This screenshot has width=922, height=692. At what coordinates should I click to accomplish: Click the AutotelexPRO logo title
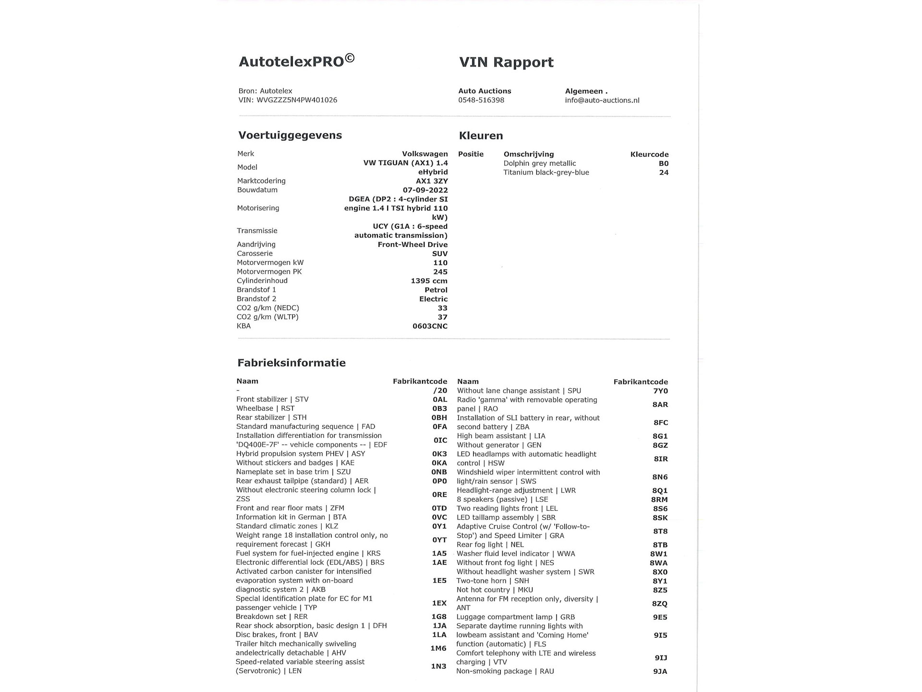click(x=296, y=61)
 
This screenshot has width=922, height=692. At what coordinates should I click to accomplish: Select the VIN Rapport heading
click(x=506, y=62)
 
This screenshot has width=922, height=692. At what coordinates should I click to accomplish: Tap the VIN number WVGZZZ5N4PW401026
click(x=297, y=100)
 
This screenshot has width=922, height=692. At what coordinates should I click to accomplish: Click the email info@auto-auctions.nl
click(x=602, y=100)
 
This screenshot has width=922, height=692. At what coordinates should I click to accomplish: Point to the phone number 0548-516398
click(x=481, y=100)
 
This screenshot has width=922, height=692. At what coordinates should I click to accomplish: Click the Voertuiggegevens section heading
click(x=290, y=136)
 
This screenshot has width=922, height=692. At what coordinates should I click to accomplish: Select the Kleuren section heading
click(x=481, y=136)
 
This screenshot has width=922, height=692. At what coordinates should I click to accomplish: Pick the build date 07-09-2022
click(x=425, y=190)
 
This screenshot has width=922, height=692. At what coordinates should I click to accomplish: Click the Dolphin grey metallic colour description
click(x=539, y=163)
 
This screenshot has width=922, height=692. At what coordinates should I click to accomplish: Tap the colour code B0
click(x=663, y=163)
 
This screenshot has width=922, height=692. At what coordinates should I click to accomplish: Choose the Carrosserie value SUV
click(x=439, y=254)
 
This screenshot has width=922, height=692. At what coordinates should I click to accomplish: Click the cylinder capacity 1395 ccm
click(x=429, y=281)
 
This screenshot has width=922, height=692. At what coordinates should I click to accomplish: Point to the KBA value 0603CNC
click(x=430, y=326)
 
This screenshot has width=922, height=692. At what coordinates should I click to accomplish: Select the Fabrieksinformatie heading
click(x=291, y=363)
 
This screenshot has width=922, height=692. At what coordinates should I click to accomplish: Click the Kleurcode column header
click(x=649, y=154)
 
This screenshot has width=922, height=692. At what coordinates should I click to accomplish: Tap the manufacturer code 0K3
click(x=439, y=454)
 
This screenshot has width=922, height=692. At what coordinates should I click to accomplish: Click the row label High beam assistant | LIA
click(x=501, y=436)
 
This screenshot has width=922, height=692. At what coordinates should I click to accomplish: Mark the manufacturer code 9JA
click(x=660, y=671)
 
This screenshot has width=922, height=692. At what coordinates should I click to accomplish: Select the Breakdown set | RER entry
click(x=271, y=617)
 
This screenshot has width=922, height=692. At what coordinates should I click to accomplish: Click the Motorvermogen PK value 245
click(x=440, y=272)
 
